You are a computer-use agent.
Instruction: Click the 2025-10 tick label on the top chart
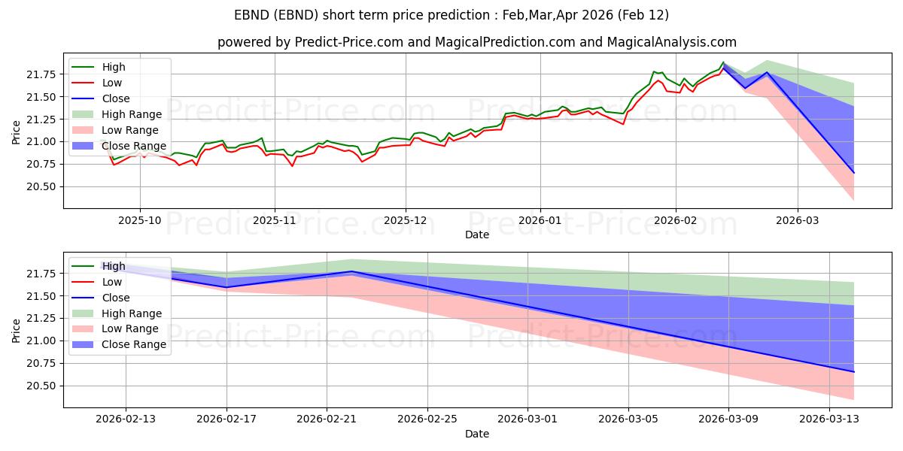pyautogui.click(x=140, y=220)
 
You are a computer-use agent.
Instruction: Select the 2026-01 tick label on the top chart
pyautogui.click(x=540, y=220)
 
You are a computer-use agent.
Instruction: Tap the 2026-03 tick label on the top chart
pyautogui.click(x=798, y=220)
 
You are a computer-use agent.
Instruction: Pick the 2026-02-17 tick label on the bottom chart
pyautogui.click(x=227, y=419)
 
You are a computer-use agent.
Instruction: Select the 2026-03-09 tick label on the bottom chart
pyautogui.click(x=728, y=419)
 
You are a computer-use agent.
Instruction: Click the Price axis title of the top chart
pyautogui.click(x=17, y=131)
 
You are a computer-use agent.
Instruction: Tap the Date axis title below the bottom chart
pyautogui.click(x=477, y=434)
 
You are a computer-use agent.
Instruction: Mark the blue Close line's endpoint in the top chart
pyautogui.click(x=854, y=173)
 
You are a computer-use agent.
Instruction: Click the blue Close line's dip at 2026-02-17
pyautogui.click(x=227, y=287)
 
